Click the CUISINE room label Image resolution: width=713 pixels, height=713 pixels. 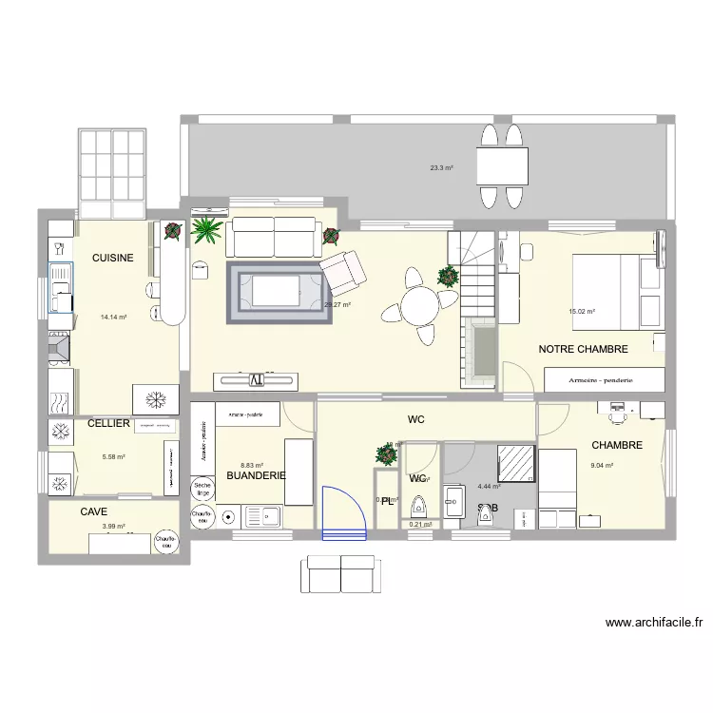tap(112, 258)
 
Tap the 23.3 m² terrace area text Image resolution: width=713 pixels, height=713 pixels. tap(441, 168)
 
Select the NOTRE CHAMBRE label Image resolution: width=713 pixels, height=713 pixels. tap(583, 349)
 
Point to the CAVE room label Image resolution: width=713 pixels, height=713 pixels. tap(93, 511)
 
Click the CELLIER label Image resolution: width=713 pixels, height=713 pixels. tap(108, 423)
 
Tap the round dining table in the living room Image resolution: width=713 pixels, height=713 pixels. tap(418, 306)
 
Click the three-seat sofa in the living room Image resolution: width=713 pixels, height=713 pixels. tap(273, 238)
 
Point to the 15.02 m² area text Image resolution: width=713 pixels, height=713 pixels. tap(581, 311)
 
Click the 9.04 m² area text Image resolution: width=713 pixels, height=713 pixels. tap(602, 466)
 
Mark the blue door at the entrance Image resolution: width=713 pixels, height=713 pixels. tap(344, 512)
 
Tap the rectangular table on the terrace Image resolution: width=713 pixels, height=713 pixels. tap(501, 167)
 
